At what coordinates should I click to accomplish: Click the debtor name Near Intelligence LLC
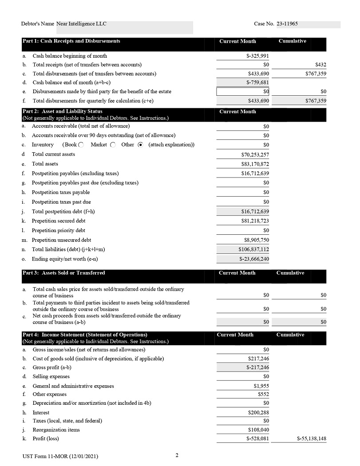click(x=81, y=24)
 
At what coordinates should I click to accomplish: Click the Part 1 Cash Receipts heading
click(x=71, y=41)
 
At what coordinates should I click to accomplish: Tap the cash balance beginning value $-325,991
click(x=257, y=56)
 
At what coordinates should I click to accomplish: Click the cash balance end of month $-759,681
click(x=257, y=83)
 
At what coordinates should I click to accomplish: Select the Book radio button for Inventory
click(x=81, y=145)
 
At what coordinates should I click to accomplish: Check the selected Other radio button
click(x=141, y=145)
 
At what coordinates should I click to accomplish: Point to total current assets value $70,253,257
click(x=255, y=155)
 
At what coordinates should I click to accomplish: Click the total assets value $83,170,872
click(x=255, y=164)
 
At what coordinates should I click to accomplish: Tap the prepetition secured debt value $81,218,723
click(x=255, y=221)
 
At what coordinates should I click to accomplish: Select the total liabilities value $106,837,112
click(x=253, y=249)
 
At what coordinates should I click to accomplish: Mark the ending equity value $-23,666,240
click(x=254, y=259)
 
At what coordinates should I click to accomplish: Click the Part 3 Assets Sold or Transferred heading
click(x=64, y=273)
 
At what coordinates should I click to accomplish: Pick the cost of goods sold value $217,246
click(x=258, y=359)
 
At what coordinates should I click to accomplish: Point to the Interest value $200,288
click(x=258, y=413)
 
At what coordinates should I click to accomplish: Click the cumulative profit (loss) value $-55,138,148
click(x=312, y=439)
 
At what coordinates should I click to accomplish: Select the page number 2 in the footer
click(x=177, y=455)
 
